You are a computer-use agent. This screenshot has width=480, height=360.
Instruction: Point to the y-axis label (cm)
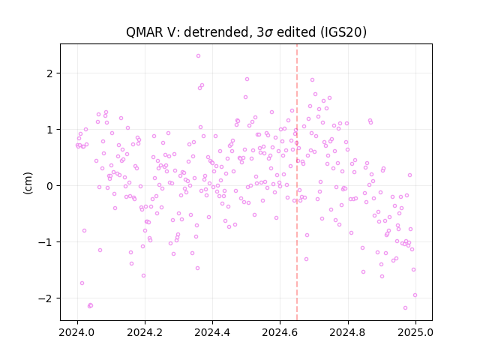coord(28,183)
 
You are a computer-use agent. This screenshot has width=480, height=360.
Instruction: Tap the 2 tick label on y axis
coord(49,73)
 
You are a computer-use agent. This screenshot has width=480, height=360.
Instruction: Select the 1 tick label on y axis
coord(49,130)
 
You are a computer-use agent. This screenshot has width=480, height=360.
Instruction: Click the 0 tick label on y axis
coord(49,186)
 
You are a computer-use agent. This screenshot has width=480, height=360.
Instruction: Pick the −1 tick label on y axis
coord(45,242)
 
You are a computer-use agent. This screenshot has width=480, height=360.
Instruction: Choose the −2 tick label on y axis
coord(45,298)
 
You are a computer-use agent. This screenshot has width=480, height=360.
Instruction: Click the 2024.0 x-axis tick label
coord(77,332)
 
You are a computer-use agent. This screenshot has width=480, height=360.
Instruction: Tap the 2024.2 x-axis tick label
coord(145,332)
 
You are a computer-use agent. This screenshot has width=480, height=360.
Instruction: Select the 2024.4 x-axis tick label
coord(212,332)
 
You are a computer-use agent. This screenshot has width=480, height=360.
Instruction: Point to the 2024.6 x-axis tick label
coord(280,332)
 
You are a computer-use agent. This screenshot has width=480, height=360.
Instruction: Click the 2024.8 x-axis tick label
coord(348,332)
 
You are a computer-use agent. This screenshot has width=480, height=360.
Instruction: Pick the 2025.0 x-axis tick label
coord(415,332)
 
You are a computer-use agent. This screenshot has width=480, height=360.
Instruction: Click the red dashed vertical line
coord(297,182)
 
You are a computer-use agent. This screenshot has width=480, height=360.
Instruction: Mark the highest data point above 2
coord(198,56)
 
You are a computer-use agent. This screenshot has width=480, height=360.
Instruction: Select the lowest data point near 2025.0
coord(405,307)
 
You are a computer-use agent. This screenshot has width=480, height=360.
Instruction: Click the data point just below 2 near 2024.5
coord(247,79)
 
